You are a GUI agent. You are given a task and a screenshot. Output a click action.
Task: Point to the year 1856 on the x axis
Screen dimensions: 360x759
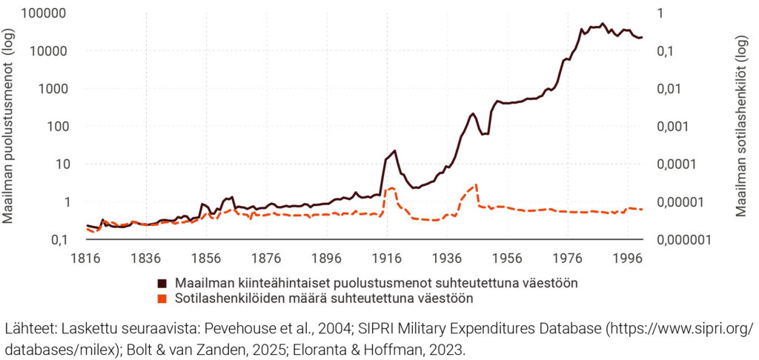[x=206, y=259]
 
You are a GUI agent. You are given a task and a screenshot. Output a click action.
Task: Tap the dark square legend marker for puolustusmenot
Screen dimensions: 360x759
[x=162, y=283]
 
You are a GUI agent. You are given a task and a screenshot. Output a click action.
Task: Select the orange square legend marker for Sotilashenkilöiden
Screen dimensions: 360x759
[x=162, y=299]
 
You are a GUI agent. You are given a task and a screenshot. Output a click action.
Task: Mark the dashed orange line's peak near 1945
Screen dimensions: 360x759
[x=476, y=184]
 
